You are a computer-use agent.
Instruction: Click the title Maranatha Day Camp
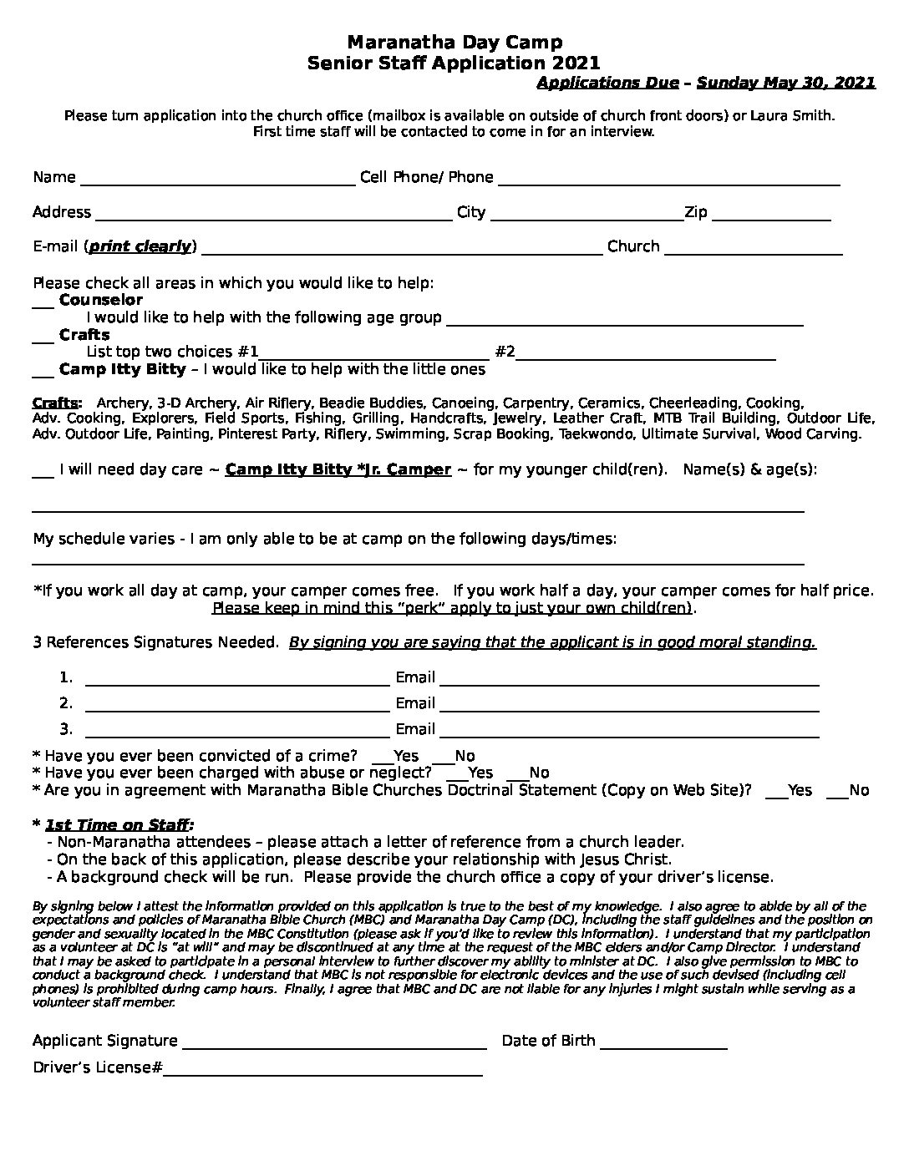(x=454, y=42)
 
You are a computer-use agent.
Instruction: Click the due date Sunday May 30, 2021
(x=785, y=82)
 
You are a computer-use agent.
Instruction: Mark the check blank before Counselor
(x=43, y=302)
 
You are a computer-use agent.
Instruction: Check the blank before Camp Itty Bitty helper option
(x=43, y=373)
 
